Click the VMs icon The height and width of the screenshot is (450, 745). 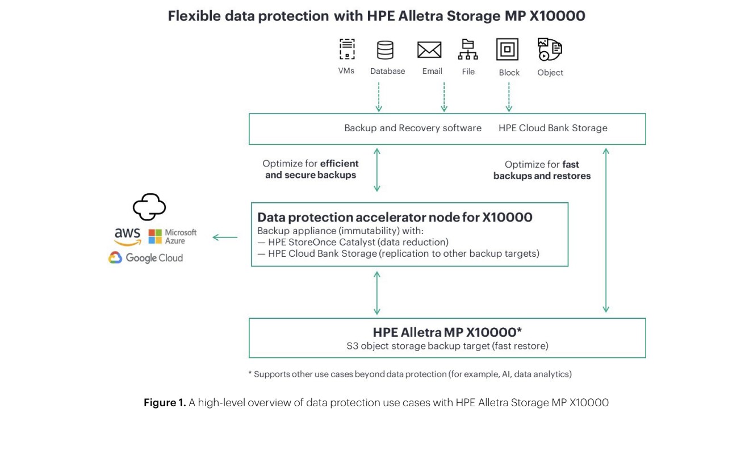point(346,49)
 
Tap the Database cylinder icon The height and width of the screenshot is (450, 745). point(385,50)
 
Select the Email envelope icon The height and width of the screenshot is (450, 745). point(429,50)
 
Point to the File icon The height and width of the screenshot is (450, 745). point(468,49)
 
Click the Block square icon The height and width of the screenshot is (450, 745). point(507,49)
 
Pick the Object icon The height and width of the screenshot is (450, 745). point(550,49)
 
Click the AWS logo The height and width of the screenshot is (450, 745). point(127,236)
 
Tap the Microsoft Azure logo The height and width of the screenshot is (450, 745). point(173,236)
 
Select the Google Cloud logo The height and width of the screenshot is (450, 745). point(146,258)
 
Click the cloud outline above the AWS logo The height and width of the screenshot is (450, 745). point(149,207)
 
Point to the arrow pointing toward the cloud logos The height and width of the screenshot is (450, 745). point(225,238)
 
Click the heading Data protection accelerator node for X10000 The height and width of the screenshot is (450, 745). point(395,217)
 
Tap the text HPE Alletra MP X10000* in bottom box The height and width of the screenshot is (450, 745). point(447,332)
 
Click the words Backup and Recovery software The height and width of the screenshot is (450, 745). point(413,128)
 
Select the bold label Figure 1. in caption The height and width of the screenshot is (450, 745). point(165,403)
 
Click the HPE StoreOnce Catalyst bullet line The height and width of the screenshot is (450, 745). point(353,242)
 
